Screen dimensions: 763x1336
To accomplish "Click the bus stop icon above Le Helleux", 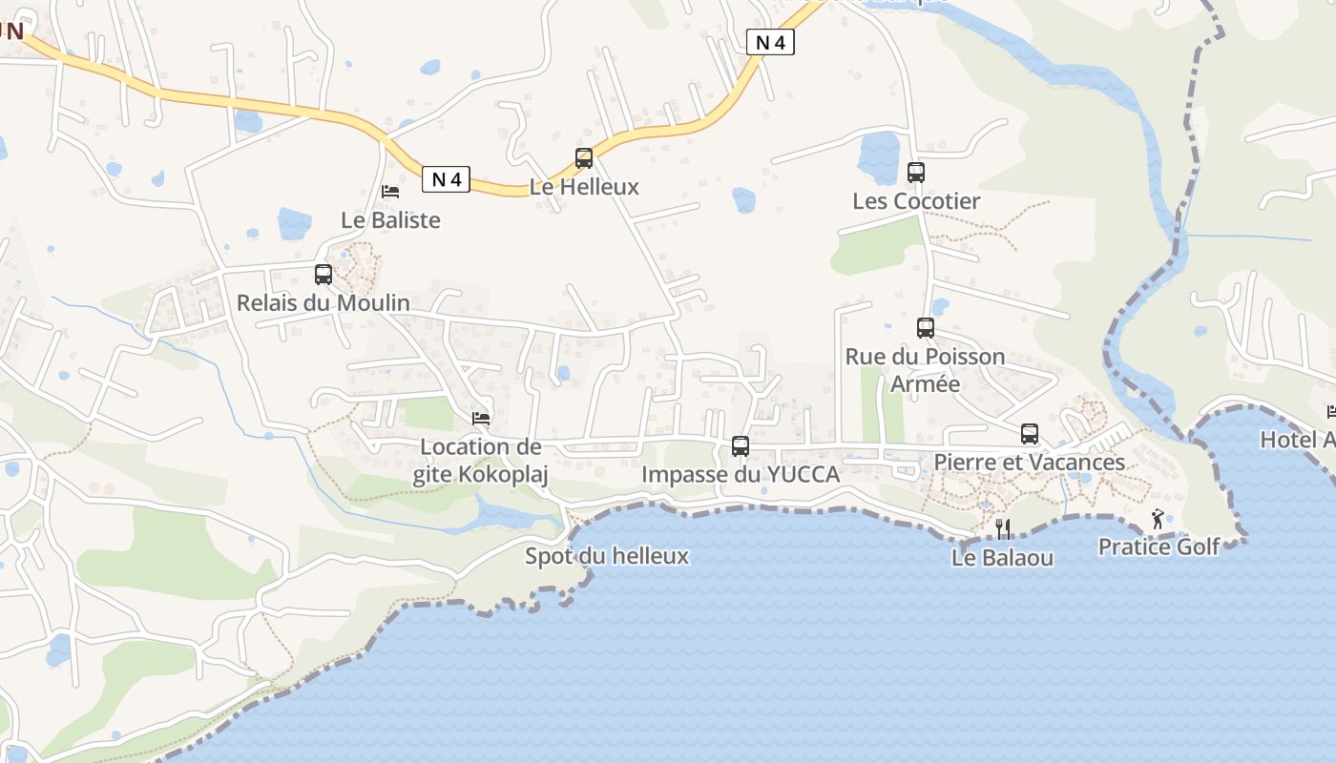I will (x=584, y=158).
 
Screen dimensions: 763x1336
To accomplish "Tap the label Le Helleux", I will (x=584, y=187).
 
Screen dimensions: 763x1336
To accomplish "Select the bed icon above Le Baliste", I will (x=390, y=192).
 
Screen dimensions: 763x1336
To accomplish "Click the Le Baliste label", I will (x=390, y=220).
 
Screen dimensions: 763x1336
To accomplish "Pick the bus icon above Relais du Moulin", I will (x=324, y=275).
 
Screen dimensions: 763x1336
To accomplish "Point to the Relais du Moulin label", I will (x=324, y=303).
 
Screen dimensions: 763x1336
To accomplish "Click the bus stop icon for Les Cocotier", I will (x=916, y=173).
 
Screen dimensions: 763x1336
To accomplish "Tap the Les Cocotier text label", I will (x=916, y=201).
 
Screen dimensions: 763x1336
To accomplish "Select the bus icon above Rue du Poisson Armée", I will (x=926, y=328).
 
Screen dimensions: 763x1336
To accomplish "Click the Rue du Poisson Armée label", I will (x=925, y=370).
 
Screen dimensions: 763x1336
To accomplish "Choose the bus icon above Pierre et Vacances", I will (x=1030, y=434).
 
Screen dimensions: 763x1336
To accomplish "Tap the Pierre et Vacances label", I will (x=1030, y=463).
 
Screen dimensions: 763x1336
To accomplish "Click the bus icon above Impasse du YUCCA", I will (x=741, y=445).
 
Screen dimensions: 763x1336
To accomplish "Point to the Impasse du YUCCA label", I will (x=741, y=474).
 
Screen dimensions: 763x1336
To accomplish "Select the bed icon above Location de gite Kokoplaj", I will (x=481, y=418).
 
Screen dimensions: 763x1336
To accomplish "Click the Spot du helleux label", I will (x=607, y=556).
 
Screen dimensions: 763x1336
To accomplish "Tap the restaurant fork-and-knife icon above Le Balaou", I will (x=1003, y=529).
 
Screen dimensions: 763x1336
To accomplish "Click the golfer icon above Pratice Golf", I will (x=1159, y=519).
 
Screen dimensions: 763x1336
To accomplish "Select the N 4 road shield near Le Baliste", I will (x=446, y=179).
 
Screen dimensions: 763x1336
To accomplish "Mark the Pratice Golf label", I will (x=1159, y=547).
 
